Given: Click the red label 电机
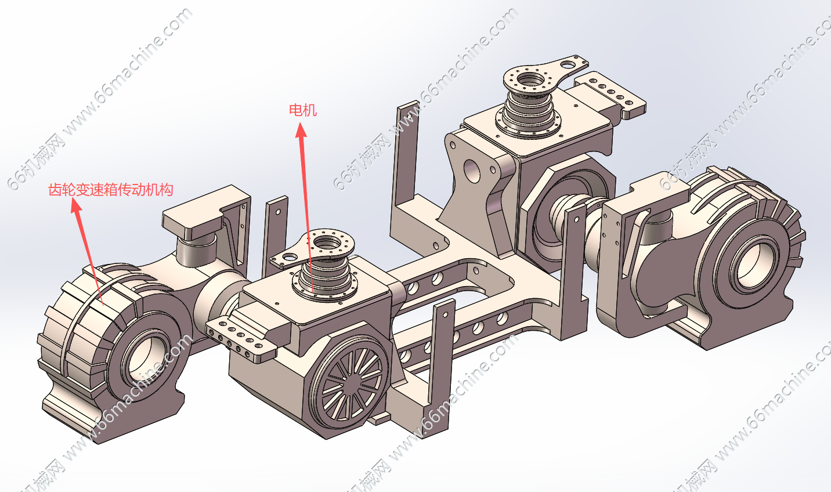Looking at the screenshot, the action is pyautogui.click(x=303, y=110).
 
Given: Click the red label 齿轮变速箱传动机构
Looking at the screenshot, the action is pyautogui.click(x=111, y=190).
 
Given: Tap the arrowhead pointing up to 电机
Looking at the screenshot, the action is pyautogui.click(x=301, y=130).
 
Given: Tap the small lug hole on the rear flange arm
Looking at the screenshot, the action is pyautogui.click(x=566, y=65).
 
